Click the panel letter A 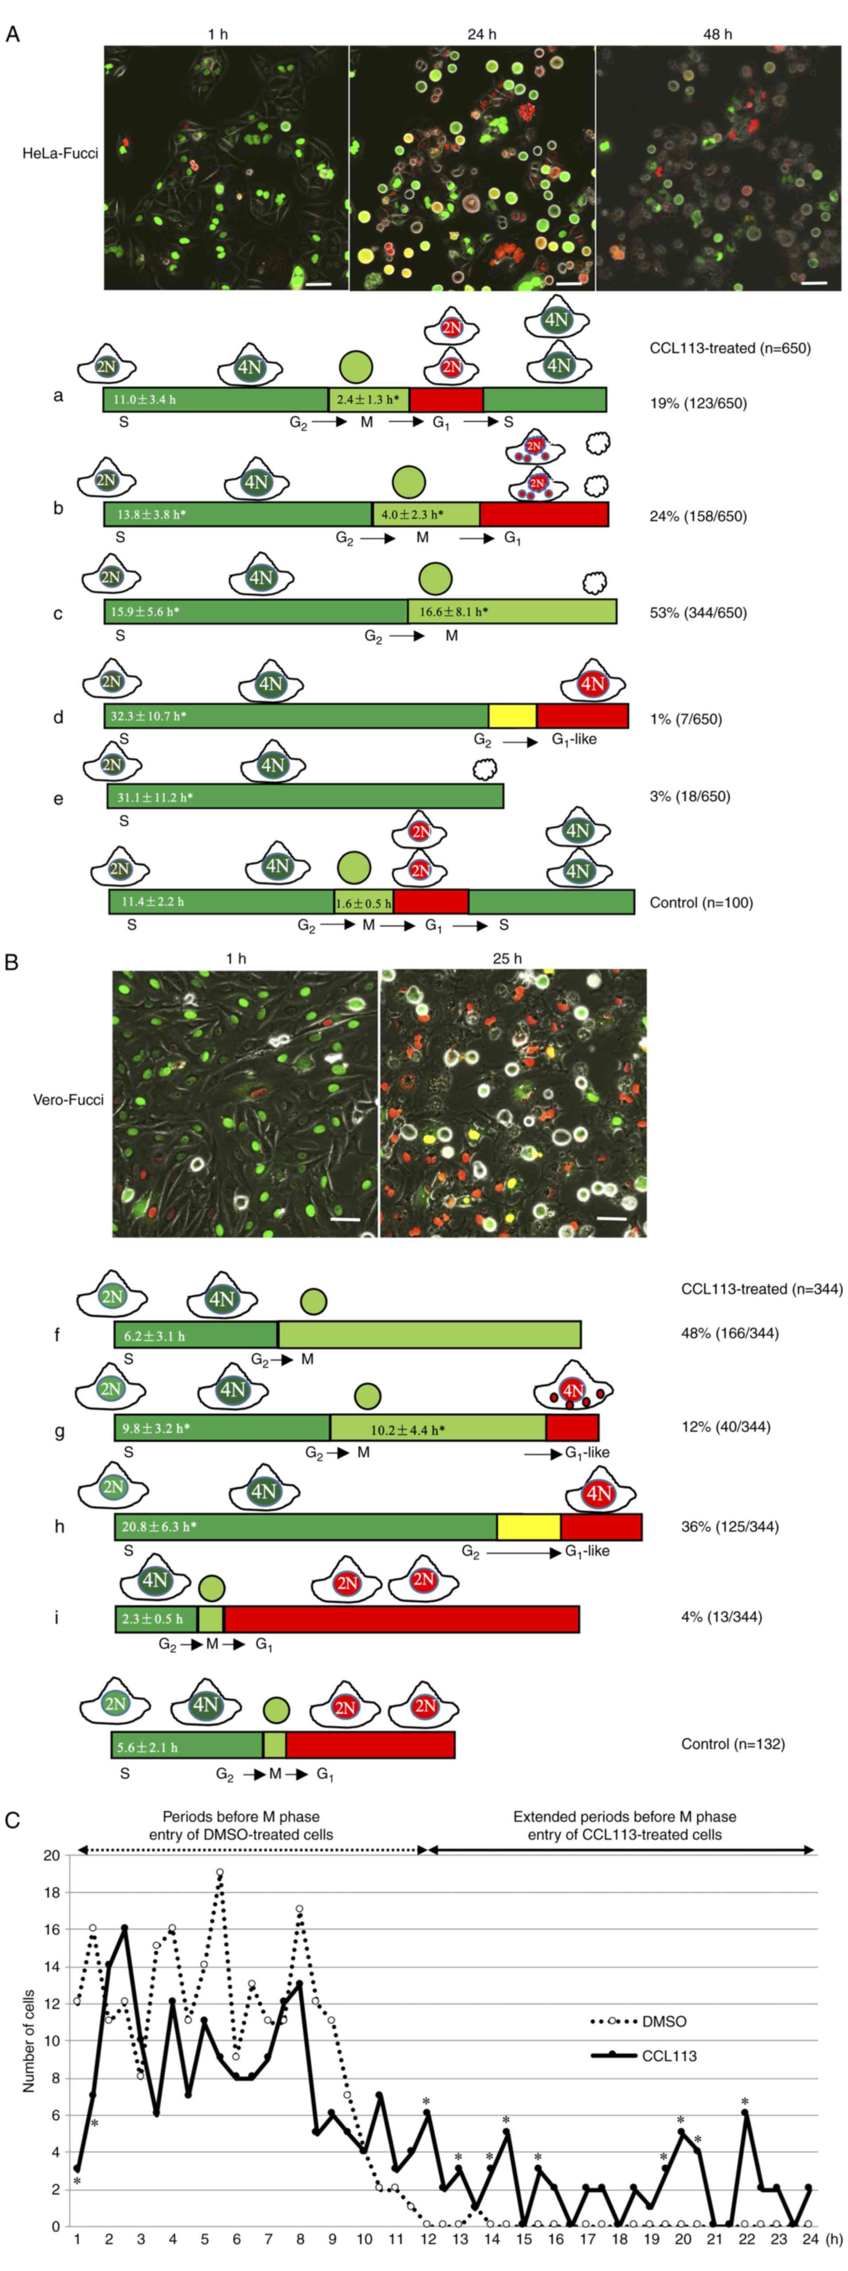pos(12,35)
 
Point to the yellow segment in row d pos(512,716)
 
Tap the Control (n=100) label pos(701,903)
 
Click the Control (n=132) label pos(732,1744)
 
